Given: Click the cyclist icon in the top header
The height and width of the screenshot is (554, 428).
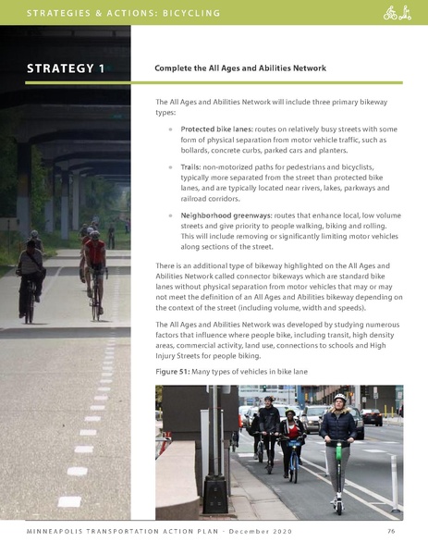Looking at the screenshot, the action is point(390,13).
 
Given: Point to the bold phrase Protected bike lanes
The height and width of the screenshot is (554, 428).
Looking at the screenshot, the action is point(212,129).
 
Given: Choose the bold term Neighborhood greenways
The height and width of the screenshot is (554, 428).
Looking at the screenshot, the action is point(226,214).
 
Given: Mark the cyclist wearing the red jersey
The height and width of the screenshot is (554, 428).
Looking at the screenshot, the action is point(95,254).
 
